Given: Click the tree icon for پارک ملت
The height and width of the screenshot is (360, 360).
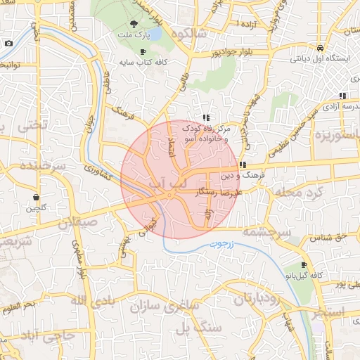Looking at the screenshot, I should pyautogui.click(x=134, y=25).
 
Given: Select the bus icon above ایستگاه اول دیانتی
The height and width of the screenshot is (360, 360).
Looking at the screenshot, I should pyautogui.click(x=320, y=48).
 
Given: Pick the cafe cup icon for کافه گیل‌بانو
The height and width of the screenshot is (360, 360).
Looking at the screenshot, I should pyautogui.click(x=304, y=265).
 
